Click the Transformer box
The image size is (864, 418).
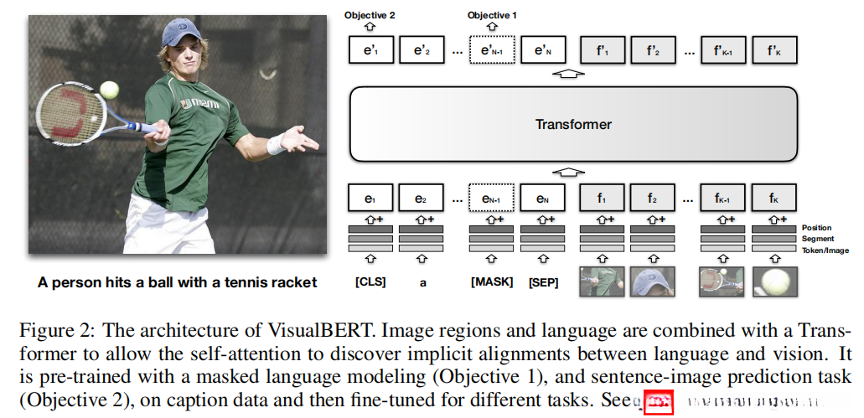coord(572,124)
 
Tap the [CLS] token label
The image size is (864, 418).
coord(370,282)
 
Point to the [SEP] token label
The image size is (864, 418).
coord(543,282)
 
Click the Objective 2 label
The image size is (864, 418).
coord(369,15)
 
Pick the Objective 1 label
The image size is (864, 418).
coord(492,15)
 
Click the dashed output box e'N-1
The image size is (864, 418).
coord(491,50)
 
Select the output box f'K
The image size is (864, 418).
coord(774,50)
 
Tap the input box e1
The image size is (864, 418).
coord(370,199)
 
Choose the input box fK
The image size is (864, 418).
coord(774,199)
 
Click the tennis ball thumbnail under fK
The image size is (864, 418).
coord(774,281)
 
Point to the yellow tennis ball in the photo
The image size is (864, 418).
coord(109,89)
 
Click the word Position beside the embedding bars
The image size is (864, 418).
coord(816,228)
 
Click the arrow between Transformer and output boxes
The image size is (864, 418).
coord(569,74)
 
